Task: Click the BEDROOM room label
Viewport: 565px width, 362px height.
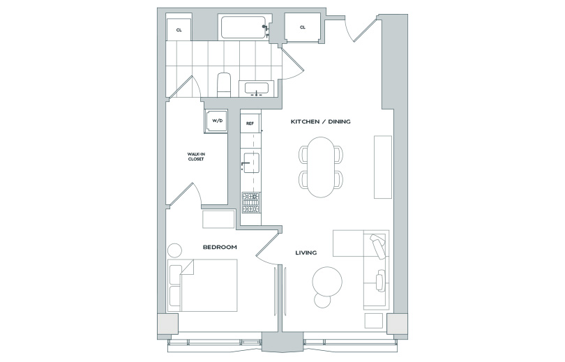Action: (x=220, y=247)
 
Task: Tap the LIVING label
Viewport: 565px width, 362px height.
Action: (x=306, y=252)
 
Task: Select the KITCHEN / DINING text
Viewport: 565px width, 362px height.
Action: (x=320, y=121)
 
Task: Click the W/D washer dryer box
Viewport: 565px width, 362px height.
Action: (x=216, y=121)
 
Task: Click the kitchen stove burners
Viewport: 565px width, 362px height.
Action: (x=250, y=202)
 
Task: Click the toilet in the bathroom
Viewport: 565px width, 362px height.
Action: (x=224, y=84)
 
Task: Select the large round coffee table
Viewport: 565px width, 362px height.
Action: (x=327, y=282)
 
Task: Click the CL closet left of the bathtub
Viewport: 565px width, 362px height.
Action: (x=179, y=29)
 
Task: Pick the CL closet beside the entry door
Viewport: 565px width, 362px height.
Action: (x=303, y=27)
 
